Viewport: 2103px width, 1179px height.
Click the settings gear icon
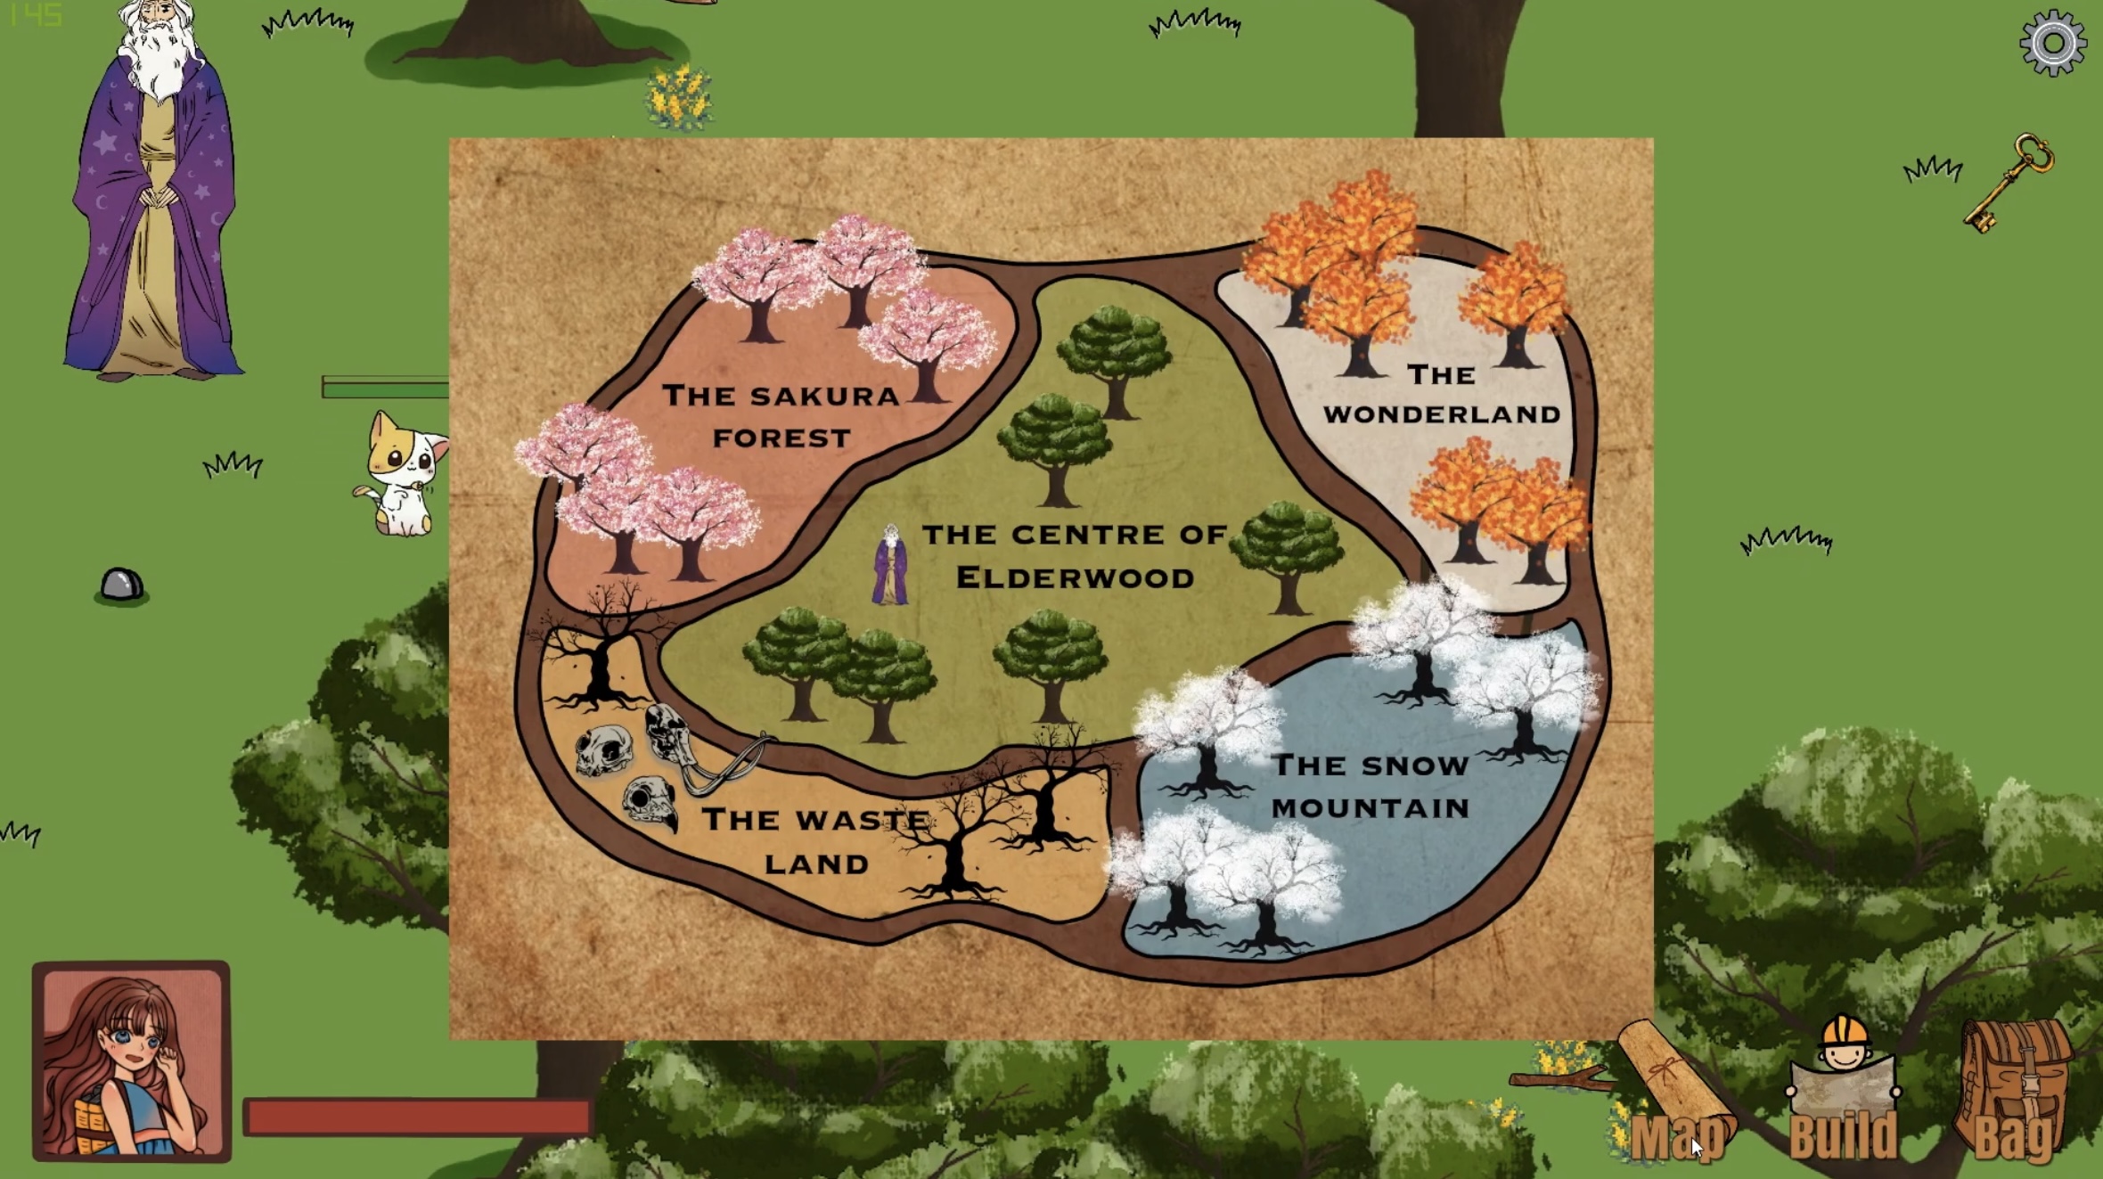[2052, 44]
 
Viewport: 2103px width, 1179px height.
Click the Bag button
[2014, 1096]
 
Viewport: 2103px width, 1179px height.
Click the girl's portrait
[131, 1060]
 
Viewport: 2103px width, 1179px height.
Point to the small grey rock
[121, 585]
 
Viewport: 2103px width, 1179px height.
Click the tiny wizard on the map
[890, 566]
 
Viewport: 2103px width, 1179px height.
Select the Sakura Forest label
[781, 416]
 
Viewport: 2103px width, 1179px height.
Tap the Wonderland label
[1441, 394]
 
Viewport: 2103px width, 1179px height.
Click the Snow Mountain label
[1370, 786]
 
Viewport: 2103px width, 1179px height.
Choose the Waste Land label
[815, 841]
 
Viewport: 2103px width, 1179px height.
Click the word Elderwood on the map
[1075, 578]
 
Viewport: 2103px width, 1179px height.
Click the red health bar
[417, 1117]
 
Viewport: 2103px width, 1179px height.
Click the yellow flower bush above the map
[679, 96]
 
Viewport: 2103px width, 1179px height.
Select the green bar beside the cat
[385, 388]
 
